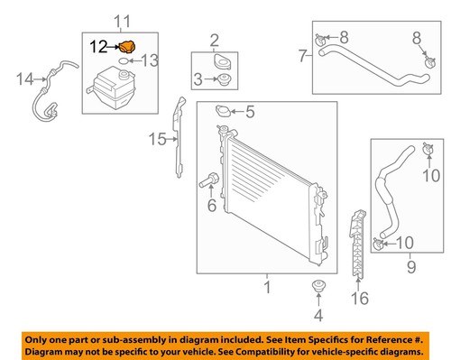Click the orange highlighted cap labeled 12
(130, 46)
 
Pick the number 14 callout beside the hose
(24, 78)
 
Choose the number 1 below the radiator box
(266, 288)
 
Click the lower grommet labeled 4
(318, 289)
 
